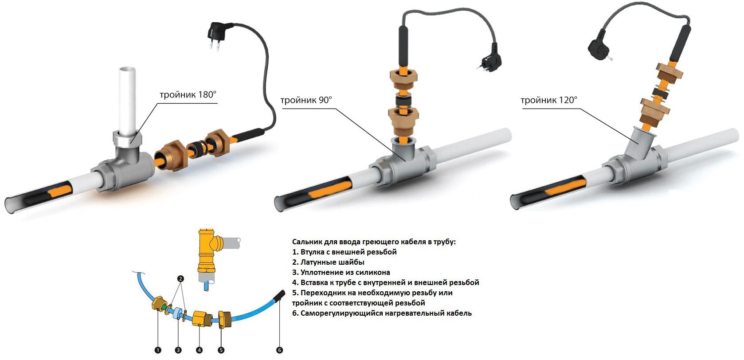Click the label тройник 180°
(188, 94)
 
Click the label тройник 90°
(306, 100)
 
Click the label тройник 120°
(549, 100)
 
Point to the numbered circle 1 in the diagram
(158, 350)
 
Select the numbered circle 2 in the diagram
(180, 278)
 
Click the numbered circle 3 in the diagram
(178, 350)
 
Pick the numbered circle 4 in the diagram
(199, 350)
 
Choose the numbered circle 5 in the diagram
(221, 350)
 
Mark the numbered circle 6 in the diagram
(279, 350)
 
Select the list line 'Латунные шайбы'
(328, 262)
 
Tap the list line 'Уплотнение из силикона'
(341, 272)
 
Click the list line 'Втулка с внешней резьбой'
(345, 252)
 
